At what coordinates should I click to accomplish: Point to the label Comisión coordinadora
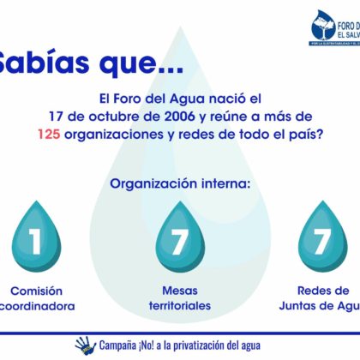36,297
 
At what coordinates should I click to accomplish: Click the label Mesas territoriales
179,297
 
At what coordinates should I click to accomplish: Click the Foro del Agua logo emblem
327,27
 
